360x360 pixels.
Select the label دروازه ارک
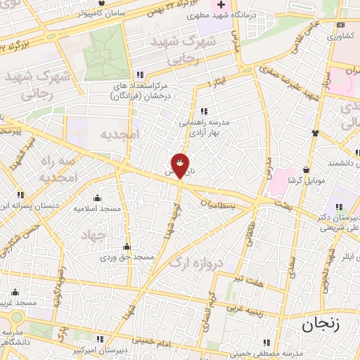[x=195, y=262]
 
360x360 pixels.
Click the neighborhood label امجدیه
[x=120, y=134]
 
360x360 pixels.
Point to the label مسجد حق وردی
[x=127, y=258]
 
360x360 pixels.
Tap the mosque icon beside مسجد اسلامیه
[x=97, y=198]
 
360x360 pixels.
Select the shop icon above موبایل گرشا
[x=306, y=169]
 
